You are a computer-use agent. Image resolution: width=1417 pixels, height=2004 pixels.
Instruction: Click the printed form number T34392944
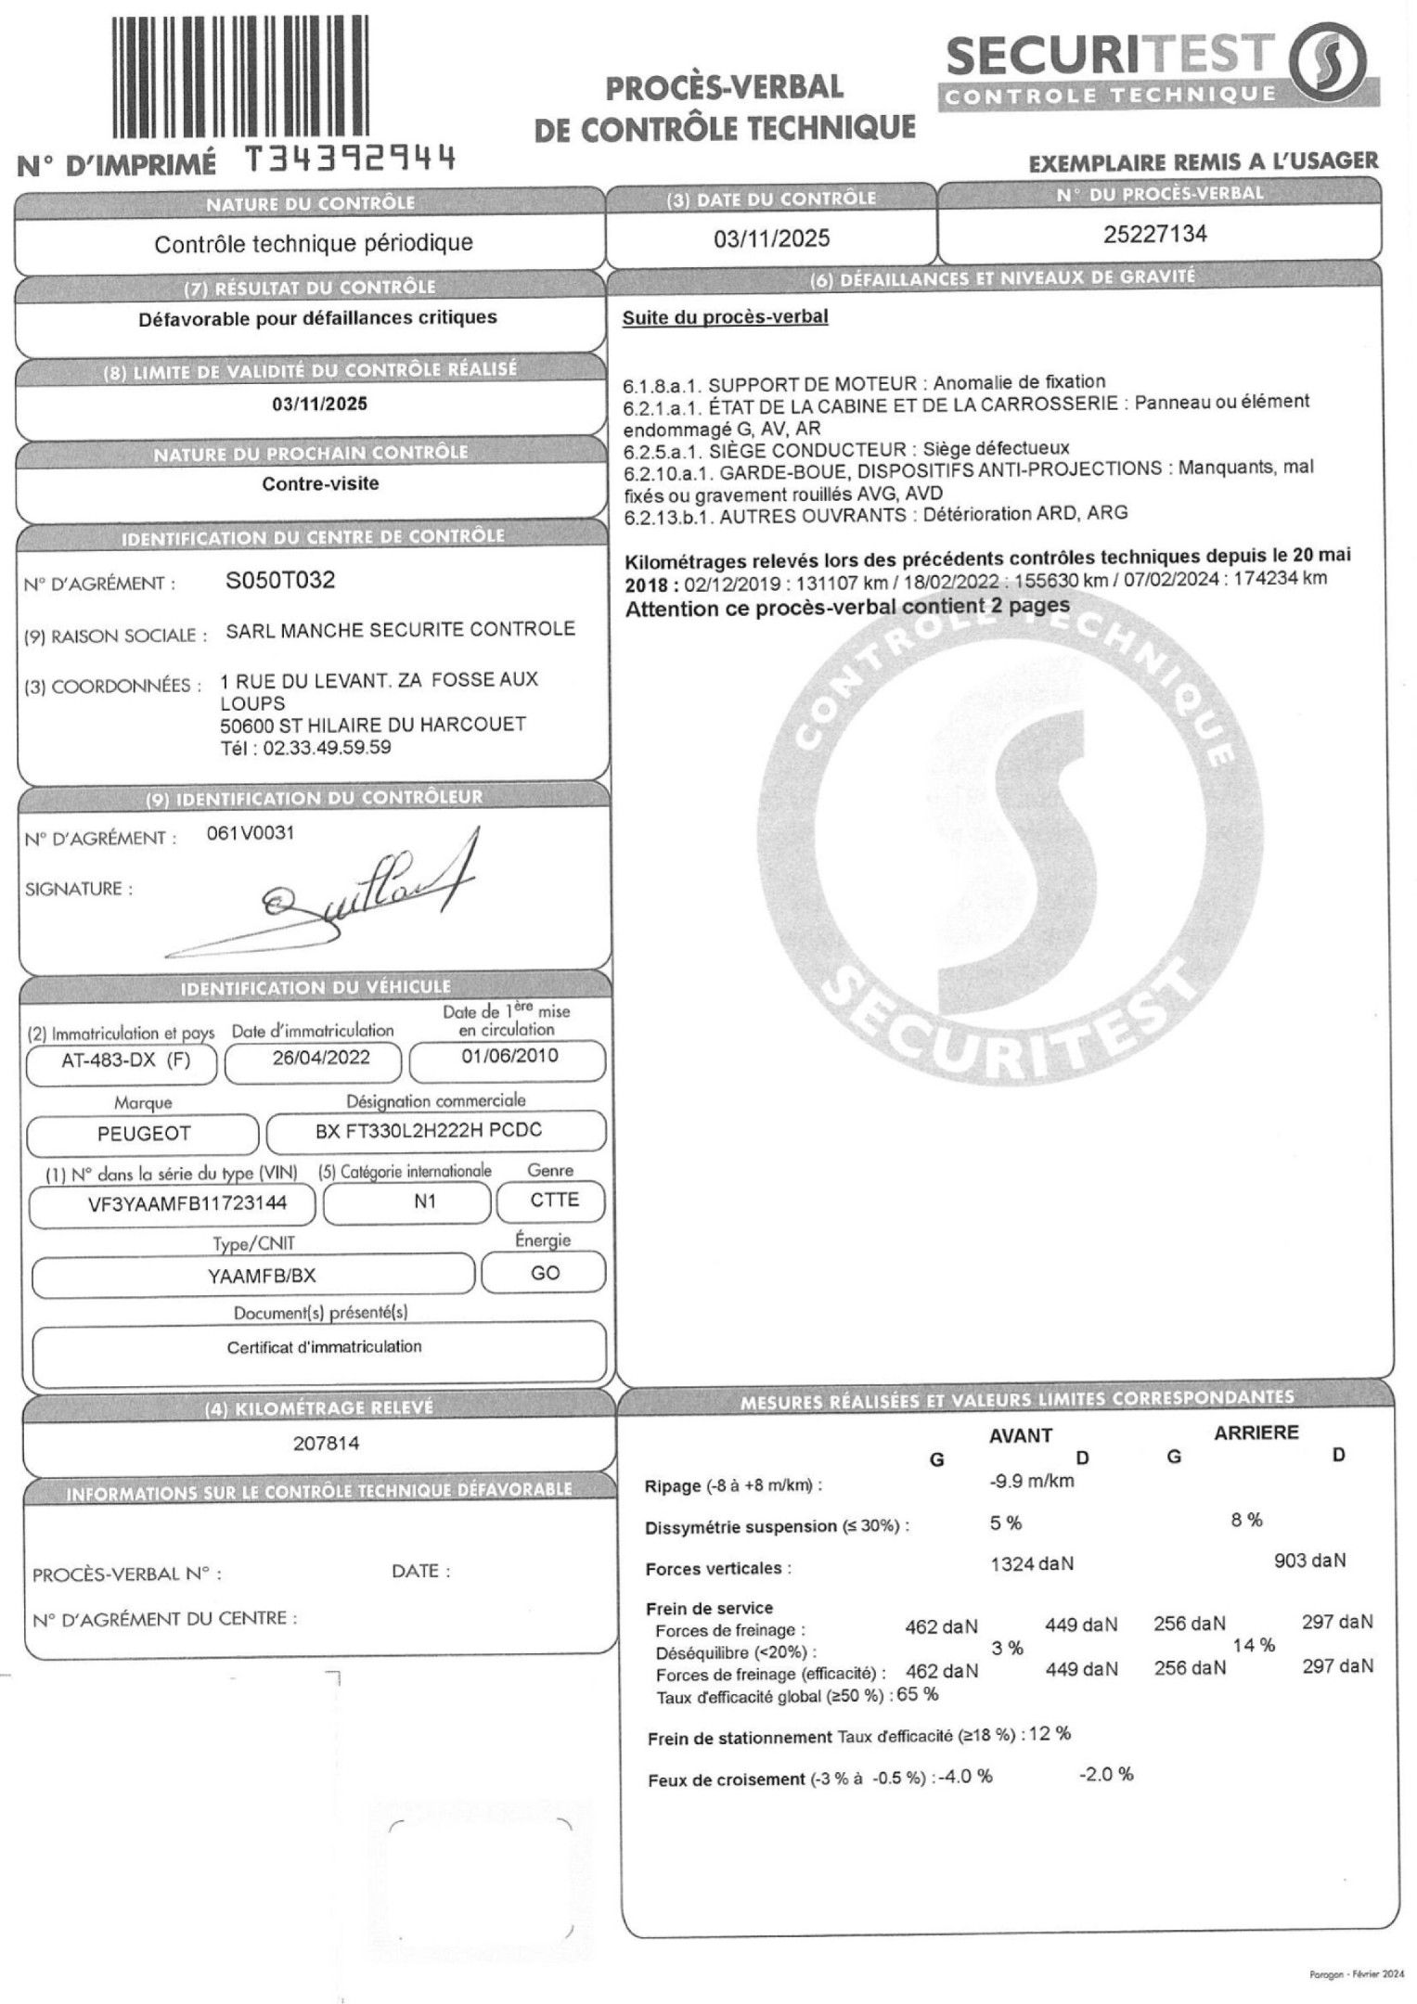pyautogui.click(x=351, y=161)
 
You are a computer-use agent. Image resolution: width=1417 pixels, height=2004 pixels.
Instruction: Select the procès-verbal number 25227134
pyautogui.click(x=1154, y=234)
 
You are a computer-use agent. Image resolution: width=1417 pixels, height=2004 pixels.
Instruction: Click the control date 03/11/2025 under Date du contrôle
pyautogui.click(x=771, y=238)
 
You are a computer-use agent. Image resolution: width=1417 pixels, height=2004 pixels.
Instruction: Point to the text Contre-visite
pyautogui.click(x=320, y=483)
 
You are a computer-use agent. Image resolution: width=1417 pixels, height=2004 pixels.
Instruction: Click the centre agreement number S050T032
pyautogui.click(x=280, y=581)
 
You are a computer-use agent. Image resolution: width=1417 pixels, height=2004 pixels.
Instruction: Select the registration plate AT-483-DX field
pyautogui.click(x=125, y=1060)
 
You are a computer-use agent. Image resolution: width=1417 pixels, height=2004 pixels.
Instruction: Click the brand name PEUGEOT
pyautogui.click(x=144, y=1133)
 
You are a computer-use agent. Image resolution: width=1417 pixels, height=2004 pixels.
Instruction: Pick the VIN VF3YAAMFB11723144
pyautogui.click(x=174, y=1203)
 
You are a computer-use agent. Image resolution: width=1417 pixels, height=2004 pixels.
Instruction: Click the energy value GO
pyautogui.click(x=545, y=1273)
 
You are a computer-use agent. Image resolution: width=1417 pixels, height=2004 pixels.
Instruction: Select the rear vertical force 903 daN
pyautogui.click(x=1310, y=1561)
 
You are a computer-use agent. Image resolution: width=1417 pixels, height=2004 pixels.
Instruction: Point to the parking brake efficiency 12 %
pyautogui.click(x=1050, y=1733)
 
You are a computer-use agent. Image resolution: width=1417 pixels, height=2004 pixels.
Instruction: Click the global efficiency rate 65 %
pyautogui.click(x=918, y=1694)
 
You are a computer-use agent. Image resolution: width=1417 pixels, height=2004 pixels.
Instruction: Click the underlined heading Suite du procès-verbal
pyautogui.click(x=725, y=317)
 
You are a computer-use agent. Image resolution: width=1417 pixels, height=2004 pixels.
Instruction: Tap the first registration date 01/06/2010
pyautogui.click(x=509, y=1056)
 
